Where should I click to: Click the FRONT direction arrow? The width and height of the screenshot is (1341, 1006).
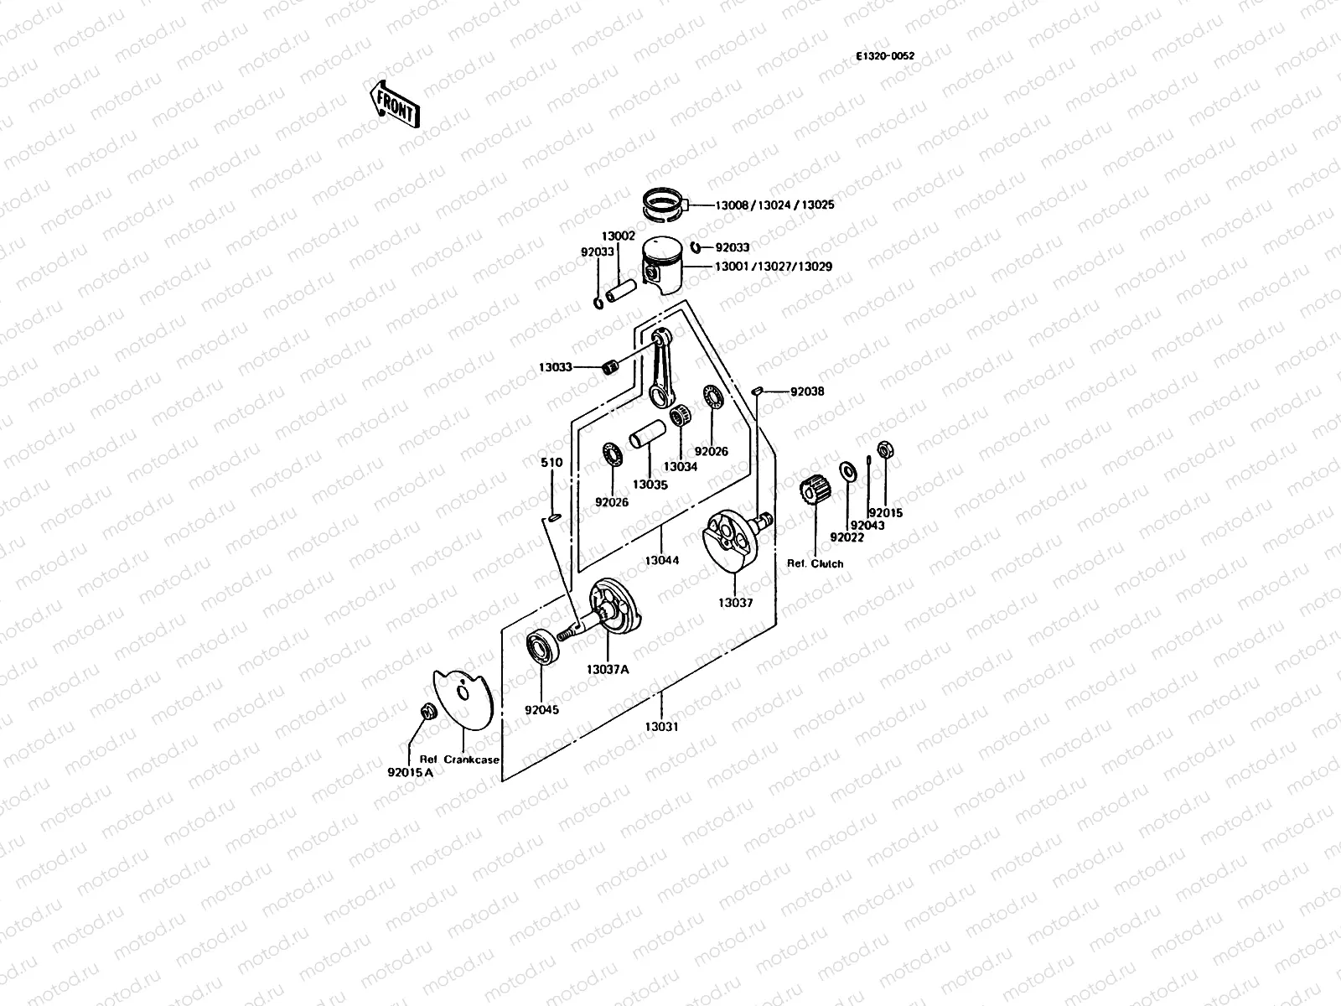395,103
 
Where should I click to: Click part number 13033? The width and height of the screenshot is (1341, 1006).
556,367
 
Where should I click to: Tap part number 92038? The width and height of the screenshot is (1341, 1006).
807,392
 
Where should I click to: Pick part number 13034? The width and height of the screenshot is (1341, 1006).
681,467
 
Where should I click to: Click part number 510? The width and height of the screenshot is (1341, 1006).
551,463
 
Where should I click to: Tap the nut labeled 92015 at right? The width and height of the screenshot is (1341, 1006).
883,449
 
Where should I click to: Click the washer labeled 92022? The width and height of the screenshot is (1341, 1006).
847,474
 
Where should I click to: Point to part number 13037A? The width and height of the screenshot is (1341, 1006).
608,669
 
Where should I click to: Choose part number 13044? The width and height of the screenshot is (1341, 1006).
662,560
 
